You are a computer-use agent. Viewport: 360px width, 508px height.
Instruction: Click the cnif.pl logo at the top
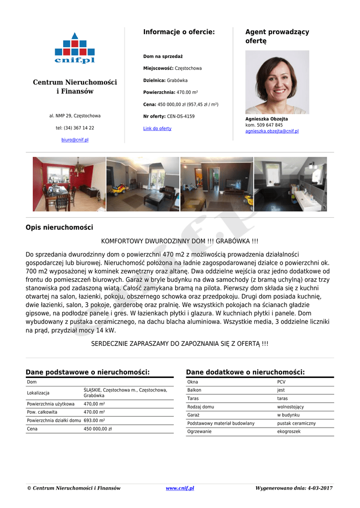tap(74, 48)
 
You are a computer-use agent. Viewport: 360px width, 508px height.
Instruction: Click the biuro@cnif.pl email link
tap(75, 140)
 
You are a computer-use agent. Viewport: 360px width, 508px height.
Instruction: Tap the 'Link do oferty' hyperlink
tap(157, 128)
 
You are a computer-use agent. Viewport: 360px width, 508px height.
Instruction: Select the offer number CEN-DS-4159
tap(181, 117)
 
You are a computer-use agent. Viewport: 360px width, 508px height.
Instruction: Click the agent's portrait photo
tap(277, 82)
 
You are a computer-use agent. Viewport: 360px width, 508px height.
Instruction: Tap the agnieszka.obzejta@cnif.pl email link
tap(272, 131)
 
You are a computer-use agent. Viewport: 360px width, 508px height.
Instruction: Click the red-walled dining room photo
tap(69, 184)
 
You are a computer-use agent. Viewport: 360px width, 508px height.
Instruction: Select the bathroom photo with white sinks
tap(290, 184)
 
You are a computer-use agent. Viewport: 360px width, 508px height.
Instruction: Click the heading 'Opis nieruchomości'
tap(59, 228)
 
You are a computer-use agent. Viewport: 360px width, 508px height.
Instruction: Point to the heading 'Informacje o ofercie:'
tap(179, 32)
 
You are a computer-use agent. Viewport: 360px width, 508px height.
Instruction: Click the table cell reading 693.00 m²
tap(94, 420)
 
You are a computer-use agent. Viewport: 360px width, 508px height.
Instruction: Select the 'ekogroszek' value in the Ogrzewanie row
tap(289, 432)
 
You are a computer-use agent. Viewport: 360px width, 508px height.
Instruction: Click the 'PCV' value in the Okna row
tap(282, 382)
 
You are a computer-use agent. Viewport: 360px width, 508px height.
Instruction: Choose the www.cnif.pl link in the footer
tap(180, 488)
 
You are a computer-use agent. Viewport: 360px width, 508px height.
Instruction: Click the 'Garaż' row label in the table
tap(193, 415)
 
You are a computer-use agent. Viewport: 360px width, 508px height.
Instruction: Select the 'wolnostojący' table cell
tap(290, 407)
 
